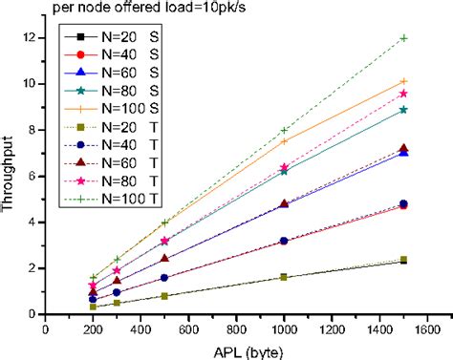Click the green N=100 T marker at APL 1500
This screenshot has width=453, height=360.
404,38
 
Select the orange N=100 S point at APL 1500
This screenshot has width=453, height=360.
404,81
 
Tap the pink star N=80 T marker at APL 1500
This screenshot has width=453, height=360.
404,93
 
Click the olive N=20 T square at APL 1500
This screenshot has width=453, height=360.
404,260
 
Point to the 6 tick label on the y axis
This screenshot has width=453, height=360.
34,176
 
